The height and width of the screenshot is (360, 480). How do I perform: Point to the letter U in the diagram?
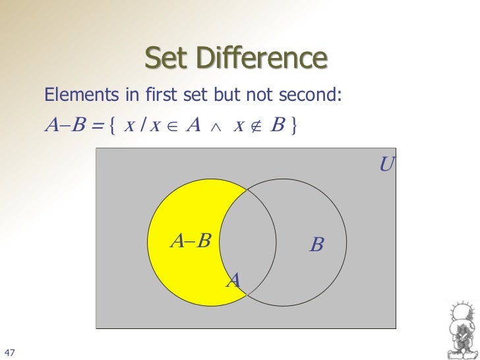click(x=386, y=164)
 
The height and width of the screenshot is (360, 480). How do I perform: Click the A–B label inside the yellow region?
click(x=190, y=241)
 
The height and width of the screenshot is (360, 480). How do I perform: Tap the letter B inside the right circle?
click(x=316, y=245)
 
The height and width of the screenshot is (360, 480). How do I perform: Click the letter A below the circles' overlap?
click(x=233, y=282)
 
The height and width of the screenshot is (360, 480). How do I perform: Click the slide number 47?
click(x=9, y=350)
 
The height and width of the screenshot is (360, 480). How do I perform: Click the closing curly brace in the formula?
click(x=292, y=125)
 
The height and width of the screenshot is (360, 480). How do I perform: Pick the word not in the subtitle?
click(x=258, y=97)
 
